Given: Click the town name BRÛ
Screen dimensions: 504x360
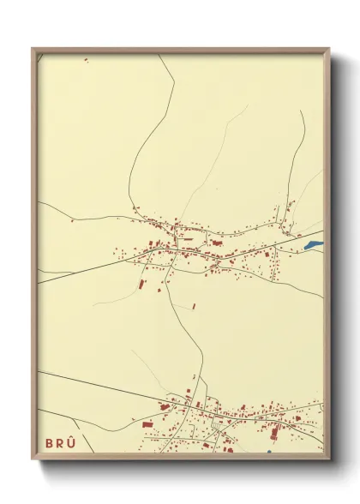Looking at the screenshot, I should click(x=60, y=442).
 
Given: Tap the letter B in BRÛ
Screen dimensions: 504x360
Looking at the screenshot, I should click(x=49, y=442).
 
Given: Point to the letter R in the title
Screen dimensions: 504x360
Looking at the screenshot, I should click(x=60, y=442).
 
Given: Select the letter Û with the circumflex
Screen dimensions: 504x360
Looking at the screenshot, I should click(x=72, y=441).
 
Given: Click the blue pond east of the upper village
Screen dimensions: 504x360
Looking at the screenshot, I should click(x=312, y=245).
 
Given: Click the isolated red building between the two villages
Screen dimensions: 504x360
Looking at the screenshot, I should click(x=194, y=305).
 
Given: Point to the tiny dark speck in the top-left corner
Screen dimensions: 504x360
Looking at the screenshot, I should click(x=86, y=60).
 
